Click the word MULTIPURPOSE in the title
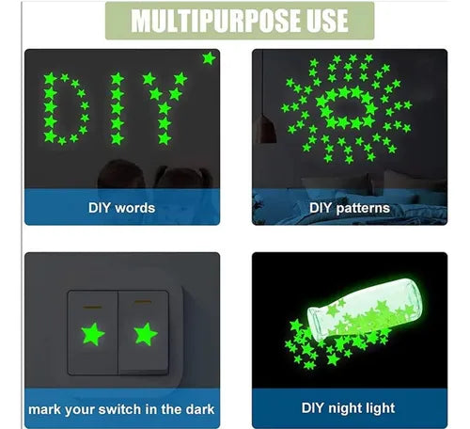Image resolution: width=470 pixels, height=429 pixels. pos(215,21)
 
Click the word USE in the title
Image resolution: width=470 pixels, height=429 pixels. pos(327,21)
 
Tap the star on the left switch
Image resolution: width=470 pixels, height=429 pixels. pos(93,334)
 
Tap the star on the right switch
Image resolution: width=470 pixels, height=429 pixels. pos(146,334)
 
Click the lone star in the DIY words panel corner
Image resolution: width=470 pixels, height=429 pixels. pos(209,58)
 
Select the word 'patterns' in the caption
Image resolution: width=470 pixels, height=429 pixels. pos(363,209)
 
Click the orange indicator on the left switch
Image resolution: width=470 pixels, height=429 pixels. pos(92,307)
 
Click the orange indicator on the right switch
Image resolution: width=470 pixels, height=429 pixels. pos(143,302)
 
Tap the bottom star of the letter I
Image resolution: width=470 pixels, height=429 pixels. pos(117,138)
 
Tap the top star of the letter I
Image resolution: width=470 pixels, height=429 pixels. pos(117,79)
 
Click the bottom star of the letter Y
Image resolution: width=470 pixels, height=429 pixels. pos(164,138)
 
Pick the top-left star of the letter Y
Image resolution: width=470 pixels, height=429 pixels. pos(149,79)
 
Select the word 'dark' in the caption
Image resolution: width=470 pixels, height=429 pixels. pos(200,409)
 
